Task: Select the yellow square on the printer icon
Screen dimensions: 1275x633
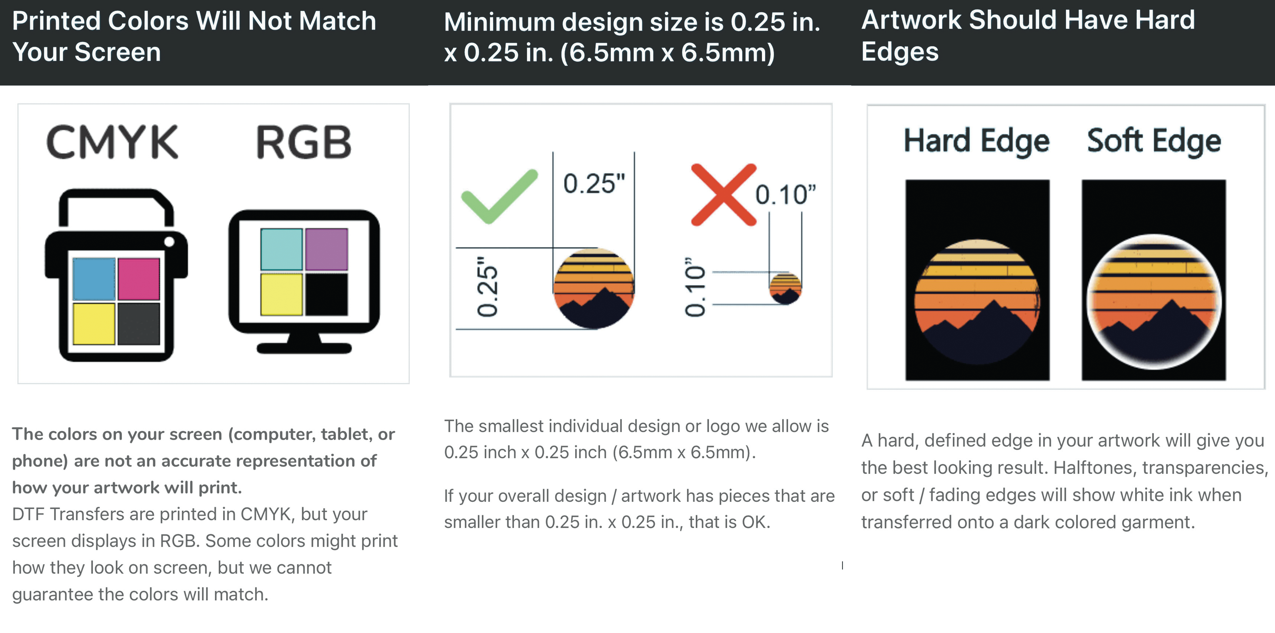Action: pos(94,324)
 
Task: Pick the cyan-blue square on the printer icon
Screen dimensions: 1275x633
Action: pos(94,279)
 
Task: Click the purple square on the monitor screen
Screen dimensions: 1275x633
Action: pos(327,249)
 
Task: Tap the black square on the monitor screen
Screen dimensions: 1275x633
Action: pos(327,294)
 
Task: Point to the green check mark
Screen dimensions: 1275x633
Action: pos(499,197)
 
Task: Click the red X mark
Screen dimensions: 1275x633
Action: pos(724,195)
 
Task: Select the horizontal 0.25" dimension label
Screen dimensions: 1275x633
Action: pos(594,184)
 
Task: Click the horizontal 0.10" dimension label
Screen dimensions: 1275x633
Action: pos(785,195)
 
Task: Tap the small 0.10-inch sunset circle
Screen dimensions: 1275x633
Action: pos(785,288)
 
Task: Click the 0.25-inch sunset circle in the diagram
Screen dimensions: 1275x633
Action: pos(594,288)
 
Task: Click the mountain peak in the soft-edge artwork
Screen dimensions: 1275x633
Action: pos(1171,300)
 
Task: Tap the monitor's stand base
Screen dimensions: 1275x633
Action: pos(304,348)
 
